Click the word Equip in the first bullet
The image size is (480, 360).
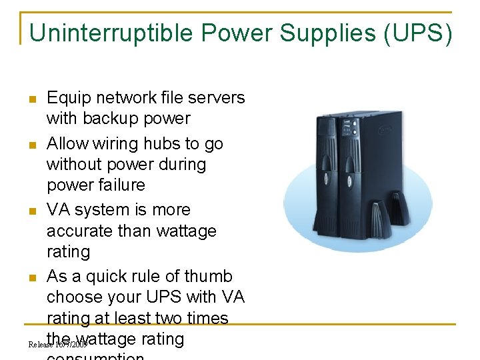tap(69, 98)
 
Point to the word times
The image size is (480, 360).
tap(205, 318)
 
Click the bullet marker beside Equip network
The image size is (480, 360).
tap(32, 100)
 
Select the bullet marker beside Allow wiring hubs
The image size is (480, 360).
tap(32, 145)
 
